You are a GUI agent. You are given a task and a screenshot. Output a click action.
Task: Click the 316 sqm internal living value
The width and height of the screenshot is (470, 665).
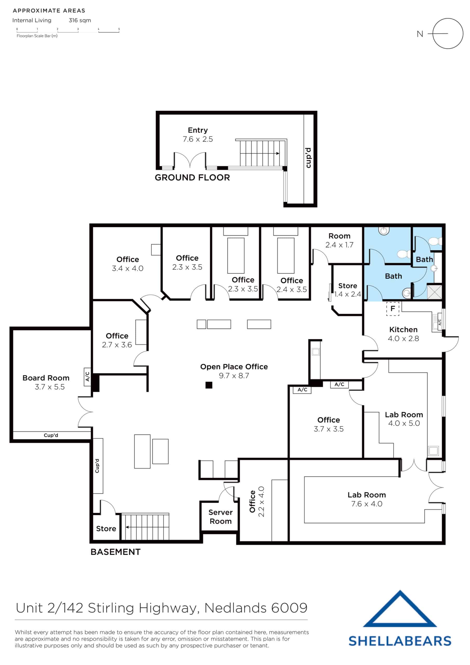(80, 20)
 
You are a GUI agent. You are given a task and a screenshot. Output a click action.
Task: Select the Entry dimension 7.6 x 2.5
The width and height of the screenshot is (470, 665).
(198, 139)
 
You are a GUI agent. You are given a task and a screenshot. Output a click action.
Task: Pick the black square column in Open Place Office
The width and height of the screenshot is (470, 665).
(209, 385)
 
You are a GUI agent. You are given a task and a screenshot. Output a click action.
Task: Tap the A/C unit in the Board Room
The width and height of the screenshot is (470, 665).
(87, 376)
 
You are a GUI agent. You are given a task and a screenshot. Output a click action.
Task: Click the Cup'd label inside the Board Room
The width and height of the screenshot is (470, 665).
(51, 435)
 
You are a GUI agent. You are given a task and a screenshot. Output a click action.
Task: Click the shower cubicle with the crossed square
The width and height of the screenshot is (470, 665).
(434, 292)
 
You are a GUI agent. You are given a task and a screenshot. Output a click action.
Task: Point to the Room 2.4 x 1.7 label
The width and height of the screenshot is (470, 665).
(339, 240)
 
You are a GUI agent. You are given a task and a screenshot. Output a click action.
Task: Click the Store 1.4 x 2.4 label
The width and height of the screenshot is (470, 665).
(347, 290)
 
